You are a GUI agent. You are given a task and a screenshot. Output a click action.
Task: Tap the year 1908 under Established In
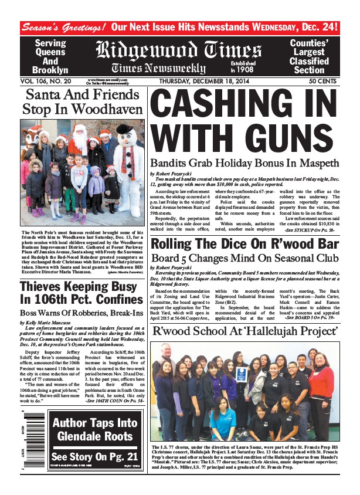[260, 70]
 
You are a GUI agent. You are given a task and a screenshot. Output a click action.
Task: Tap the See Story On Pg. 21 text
[86, 457]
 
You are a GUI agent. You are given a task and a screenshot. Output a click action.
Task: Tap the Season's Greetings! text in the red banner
[63, 27]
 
